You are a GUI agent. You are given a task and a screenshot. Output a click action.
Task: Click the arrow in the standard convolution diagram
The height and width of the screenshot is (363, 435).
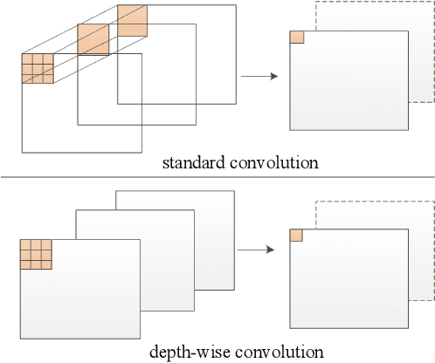tap(259, 77)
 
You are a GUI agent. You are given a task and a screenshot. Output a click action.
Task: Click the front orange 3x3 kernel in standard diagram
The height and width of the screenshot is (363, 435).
tap(38, 69)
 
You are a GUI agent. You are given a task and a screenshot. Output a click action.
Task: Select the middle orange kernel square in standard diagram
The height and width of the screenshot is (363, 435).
tap(93, 39)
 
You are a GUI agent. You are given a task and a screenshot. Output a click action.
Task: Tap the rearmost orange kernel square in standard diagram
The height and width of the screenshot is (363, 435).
tap(133, 20)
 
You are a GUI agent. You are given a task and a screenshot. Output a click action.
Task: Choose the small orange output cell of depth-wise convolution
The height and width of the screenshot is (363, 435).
tap(295, 235)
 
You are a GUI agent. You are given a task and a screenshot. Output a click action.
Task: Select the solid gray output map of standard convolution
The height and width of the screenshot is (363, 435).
tap(349, 87)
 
